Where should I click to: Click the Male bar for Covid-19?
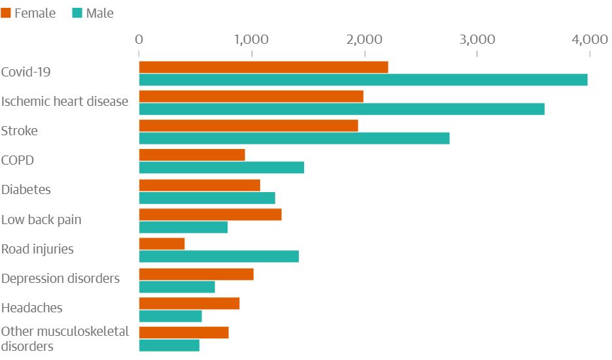(363, 80)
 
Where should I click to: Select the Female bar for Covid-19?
(263, 67)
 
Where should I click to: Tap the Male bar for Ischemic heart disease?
(341, 109)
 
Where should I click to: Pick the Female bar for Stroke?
(248, 125)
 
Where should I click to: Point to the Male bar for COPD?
(222, 168)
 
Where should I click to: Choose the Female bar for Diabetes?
(199, 185)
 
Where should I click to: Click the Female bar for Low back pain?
(210, 214)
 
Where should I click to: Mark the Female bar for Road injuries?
(161, 244)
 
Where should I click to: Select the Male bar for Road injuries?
(219, 256)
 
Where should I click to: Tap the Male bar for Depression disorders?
(177, 286)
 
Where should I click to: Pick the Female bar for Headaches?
(189, 303)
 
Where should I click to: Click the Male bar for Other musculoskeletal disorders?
(169, 346)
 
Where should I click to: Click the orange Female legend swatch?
(6, 13)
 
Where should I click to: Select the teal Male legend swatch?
(77, 13)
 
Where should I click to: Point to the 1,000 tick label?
(251, 39)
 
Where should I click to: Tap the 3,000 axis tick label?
(477, 39)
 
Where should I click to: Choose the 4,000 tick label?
(590, 39)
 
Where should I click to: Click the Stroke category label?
(20, 131)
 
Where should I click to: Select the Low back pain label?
(41, 220)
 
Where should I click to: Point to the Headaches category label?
(31, 308)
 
